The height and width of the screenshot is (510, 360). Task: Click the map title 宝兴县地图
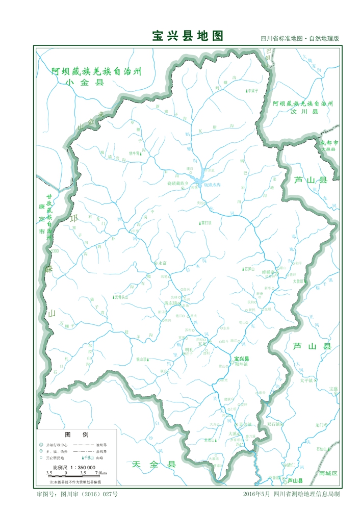click(188, 36)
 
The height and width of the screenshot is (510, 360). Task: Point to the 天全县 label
click(153, 464)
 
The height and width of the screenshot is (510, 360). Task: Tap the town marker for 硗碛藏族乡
click(183, 189)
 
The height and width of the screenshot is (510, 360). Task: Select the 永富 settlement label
click(162, 263)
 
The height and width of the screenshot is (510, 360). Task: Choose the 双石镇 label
click(274, 424)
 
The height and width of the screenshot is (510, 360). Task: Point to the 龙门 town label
click(320, 424)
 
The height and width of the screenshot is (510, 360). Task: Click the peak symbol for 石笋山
click(243, 268)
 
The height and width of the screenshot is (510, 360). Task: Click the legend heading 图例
click(77, 435)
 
